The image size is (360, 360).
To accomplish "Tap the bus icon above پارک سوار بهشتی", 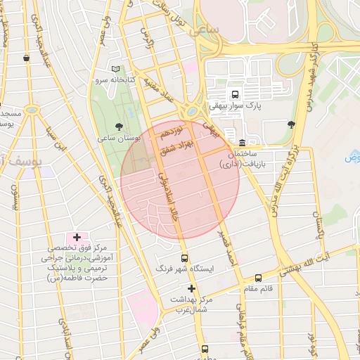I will coord(234,94).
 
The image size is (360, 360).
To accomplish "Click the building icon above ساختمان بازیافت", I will coord(242,143).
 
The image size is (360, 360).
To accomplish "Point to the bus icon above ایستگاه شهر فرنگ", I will coord(184,258).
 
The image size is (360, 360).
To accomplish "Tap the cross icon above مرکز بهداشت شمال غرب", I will coord(191,288).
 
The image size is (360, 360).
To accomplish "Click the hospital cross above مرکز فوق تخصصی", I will coord(77,238).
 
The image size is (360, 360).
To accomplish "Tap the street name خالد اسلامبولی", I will coord(167,198).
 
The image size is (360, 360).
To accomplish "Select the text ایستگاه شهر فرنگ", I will coord(193,269).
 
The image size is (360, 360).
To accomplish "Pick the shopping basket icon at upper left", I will coord(26,58).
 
